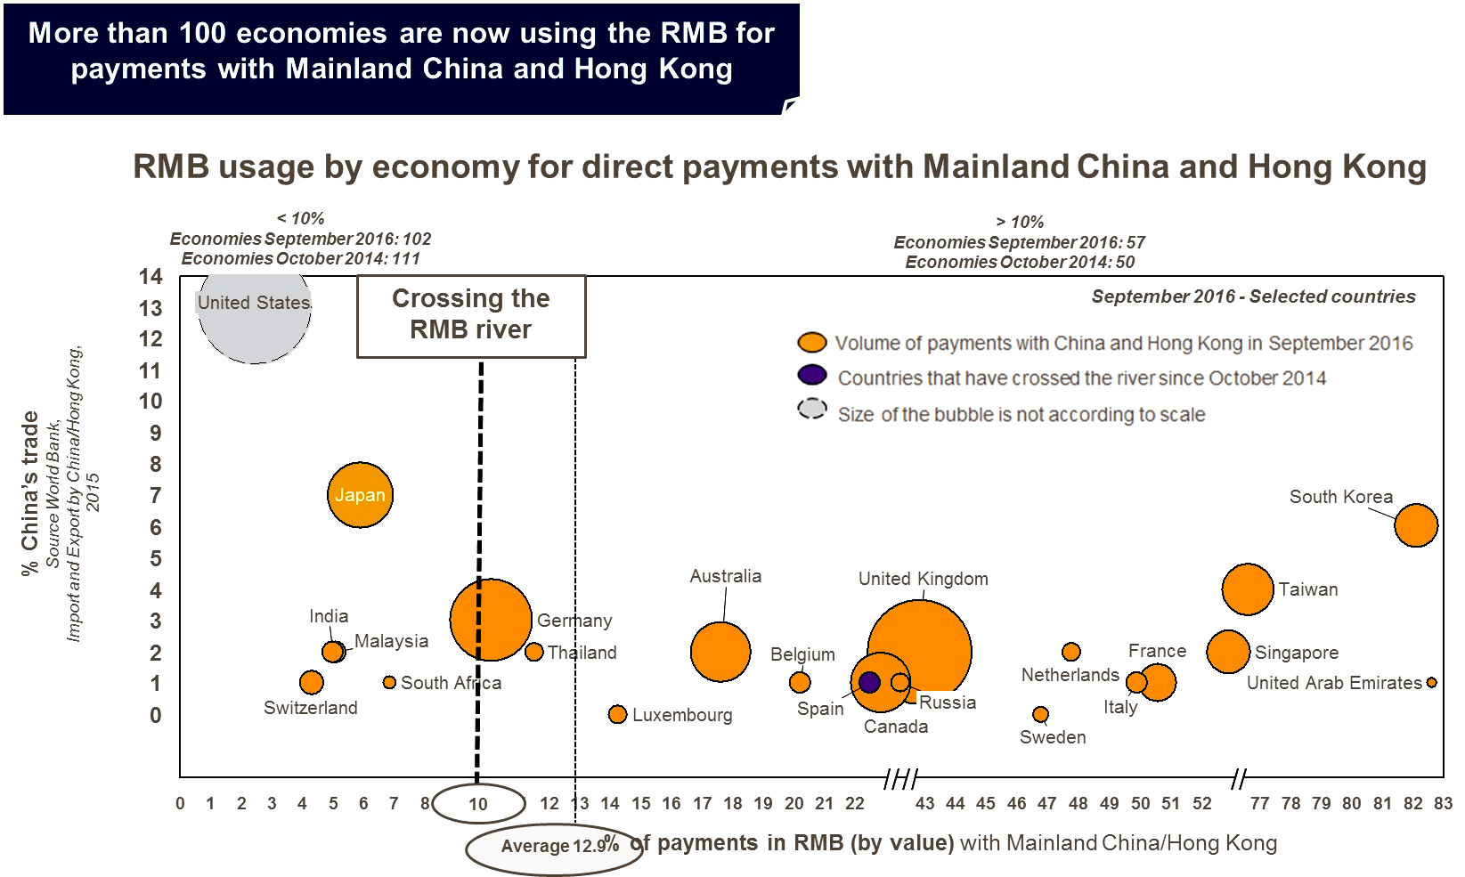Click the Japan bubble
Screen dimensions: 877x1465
pyautogui.click(x=360, y=495)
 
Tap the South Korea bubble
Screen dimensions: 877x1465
pyautogui.click(x=1415, y=524)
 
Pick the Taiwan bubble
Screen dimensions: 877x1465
pyautogui.click(x=1247, y=589)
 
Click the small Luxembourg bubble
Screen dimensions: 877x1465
pyautogui.click(x=617, y=714)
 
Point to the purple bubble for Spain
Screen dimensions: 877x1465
pyautogui.click(x=869, y=682)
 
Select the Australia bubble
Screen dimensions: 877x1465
pyautogui.click(x=720, y=652)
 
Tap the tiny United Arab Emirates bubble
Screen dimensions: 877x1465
pyautogui.click(x=1431, y=683)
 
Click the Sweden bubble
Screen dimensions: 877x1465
pyautogui.click(x=1040, y=714)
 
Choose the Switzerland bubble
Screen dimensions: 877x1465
pyautogui.click(x=311, y=683)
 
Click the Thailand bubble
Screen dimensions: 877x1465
pyautogui.click(x=534, y=652)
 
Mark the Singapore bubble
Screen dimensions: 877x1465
pyautogui.click(x=1228, y=652)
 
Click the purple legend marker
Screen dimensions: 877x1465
pyautogui.click(x=811, y=375)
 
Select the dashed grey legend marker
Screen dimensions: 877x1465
pyautogui.click(x=811, y=409)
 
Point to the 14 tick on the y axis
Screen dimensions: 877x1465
pyautogui.click(x=151, y=277)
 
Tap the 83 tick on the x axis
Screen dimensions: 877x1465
pyautogui.click(x=1443, y=803)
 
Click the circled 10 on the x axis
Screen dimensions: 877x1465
pyautogui.click(x=478, y=804)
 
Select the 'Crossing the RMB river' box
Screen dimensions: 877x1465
pyautogui.click(x=471, y=315)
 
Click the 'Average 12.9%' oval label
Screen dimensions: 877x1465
pyautogui.click(x=554, y=847)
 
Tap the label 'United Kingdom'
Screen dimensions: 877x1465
pyautogui.click(x=923, y=579)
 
